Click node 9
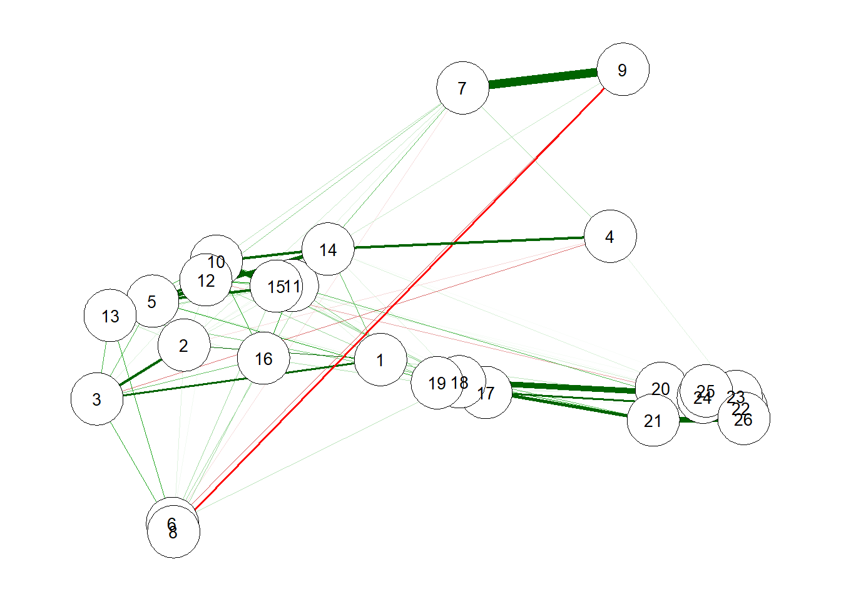point(623,69)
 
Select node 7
point(462,88)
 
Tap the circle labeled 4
point(610,237)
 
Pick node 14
point(328,249)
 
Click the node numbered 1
point(380,360)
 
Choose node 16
point(263,359)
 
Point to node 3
point(97,399)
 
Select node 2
point(183,346)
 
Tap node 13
point(110,316)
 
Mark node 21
point(653,421)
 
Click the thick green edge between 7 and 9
point(543,78)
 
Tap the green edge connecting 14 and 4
point(469,243)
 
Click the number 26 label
point(743,420)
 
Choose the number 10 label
point(217,262)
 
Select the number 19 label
point(437,383)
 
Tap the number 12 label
point(206,281)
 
